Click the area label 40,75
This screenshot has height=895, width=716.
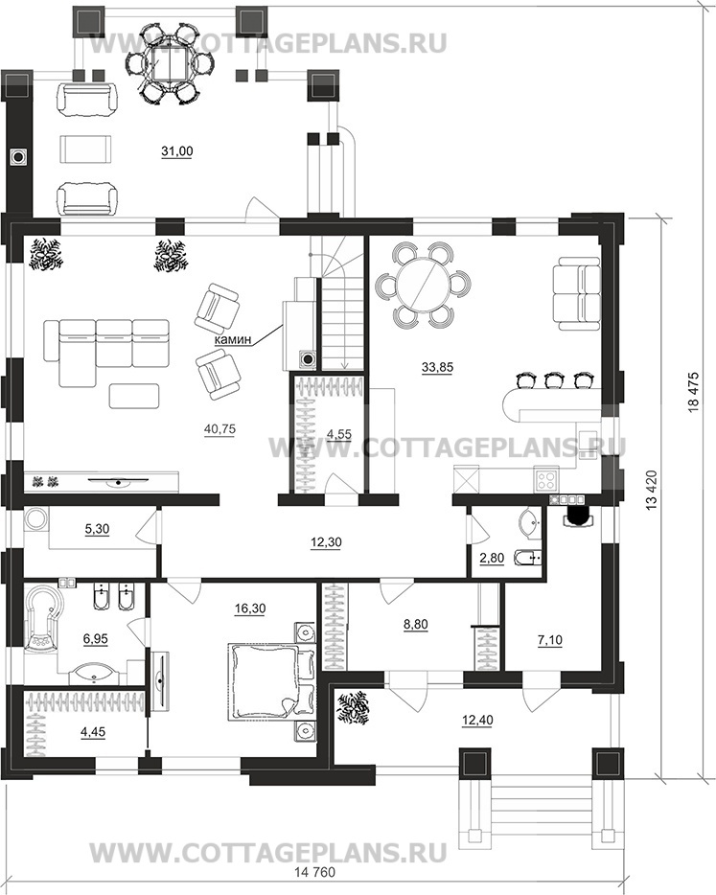pyautogui.click(x=219, y=428)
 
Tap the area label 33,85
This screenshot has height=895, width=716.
pyautogui.click(x=437, y=367)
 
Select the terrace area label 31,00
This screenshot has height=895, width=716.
pyautogui.click(x=177, y=151)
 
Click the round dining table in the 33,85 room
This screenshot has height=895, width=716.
pyautogui.click(x=423, y=285)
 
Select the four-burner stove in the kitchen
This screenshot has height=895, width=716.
pyautogui.click(x=545, y=478)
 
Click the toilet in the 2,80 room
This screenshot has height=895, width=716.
pyautogui.click(x=527, y=557)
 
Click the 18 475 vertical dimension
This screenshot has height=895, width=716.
pyautogui.click(x=693, y=392)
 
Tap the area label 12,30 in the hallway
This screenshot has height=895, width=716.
pyautogui.click(x=326, y=542)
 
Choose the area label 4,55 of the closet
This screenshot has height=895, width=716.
pyautogui.click(x=338, y=434)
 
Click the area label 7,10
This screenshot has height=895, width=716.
pyautogui.click(x=549, y=640)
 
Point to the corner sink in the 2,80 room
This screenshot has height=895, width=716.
pyautogui.click(x=532, y=523)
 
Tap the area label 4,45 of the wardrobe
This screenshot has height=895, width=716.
pyautogui.click(x=93, y=731)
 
